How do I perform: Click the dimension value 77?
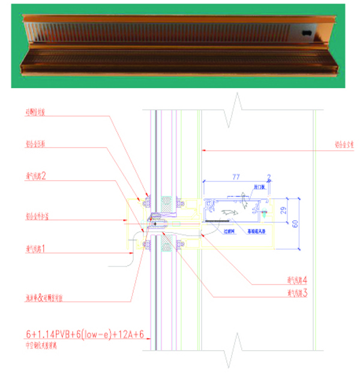pos(236,177)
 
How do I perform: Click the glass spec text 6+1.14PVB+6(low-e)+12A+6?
pos(84,334)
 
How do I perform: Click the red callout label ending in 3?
pos(298,293)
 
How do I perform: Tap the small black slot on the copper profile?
pos(307,33)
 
